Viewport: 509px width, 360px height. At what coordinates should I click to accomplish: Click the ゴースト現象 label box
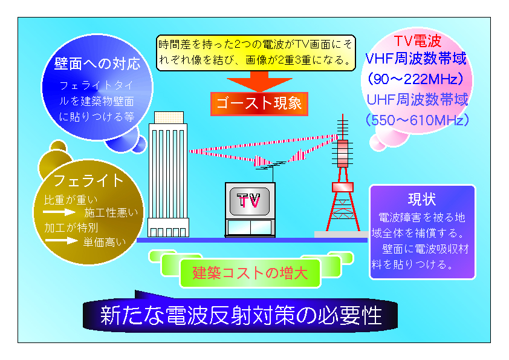[x=259, y=104]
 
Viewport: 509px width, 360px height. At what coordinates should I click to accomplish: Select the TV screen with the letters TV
[x=250, y=201]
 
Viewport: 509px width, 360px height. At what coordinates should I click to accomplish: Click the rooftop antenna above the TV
[x=272, y=168]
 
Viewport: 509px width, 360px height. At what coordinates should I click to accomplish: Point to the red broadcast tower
[x=343, y=175]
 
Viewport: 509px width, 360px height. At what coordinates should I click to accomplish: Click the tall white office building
[x=168, y=174]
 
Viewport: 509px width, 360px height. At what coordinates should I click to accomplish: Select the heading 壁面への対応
[x=97, y=64]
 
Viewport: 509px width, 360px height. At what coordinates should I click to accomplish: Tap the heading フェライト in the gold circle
[x=88, y=180]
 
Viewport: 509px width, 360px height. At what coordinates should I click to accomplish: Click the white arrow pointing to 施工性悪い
[x=59, y=212]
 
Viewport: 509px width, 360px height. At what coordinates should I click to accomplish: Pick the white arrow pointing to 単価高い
[x=61, y=241]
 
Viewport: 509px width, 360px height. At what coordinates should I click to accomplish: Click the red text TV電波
[x=418, y=41]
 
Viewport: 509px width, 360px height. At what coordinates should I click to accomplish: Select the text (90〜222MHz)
[x=415, y=79]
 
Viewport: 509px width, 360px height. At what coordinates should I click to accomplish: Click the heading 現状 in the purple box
[x=422, y=199]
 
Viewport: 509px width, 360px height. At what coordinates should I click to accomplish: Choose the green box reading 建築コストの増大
[x=250, y=273]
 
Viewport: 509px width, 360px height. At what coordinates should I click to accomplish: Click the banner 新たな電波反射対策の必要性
[x=241, y=315]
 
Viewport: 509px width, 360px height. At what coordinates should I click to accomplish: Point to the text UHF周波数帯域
[x=418, y=99]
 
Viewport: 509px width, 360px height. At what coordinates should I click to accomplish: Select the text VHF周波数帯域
[x=416, y=59]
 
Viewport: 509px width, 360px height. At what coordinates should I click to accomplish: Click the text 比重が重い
[x=71, y=200]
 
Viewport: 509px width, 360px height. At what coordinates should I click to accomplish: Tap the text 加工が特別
[x=71, y=227]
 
